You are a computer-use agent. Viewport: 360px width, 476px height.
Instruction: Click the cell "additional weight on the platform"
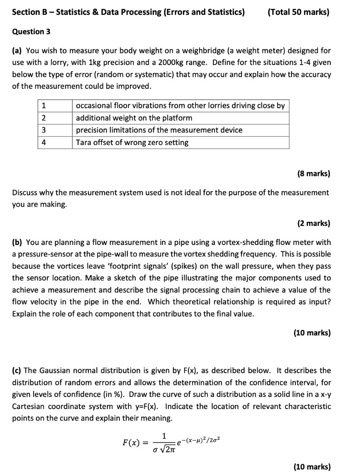click(134, 118)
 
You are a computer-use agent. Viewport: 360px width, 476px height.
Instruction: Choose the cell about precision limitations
click(159, 130)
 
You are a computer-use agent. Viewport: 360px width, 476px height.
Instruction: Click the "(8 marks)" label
click(313, 174)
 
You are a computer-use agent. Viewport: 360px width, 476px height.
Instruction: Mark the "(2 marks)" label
click(313, 223)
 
